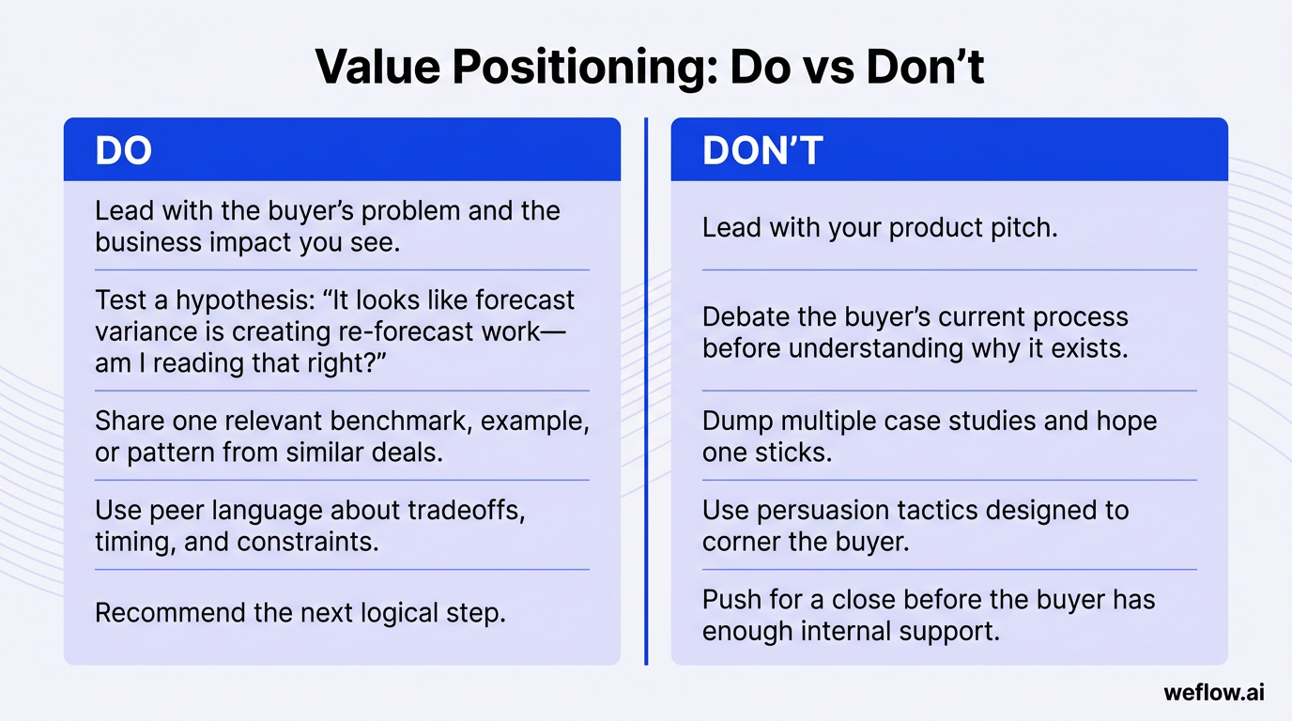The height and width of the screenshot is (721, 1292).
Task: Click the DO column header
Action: tap(123, 150)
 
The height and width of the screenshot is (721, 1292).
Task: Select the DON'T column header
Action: tap(762, 150)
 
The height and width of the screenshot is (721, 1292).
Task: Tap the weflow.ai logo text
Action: tap(1213, 692)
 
